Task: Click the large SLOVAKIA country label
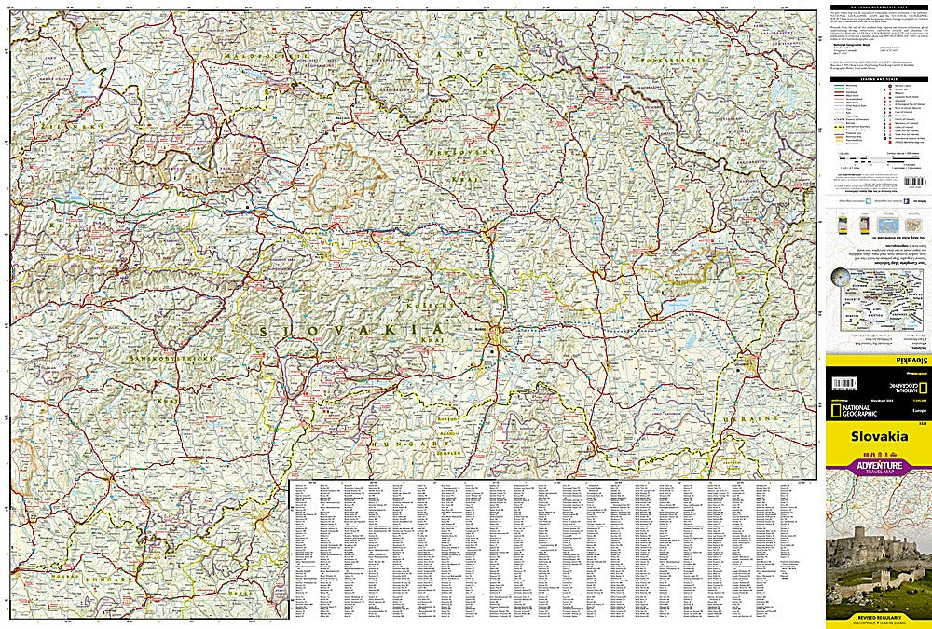(349, 331)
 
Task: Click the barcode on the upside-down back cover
(844, 383)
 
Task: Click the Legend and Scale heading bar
(877, 81)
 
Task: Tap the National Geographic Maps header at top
(877, 8)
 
